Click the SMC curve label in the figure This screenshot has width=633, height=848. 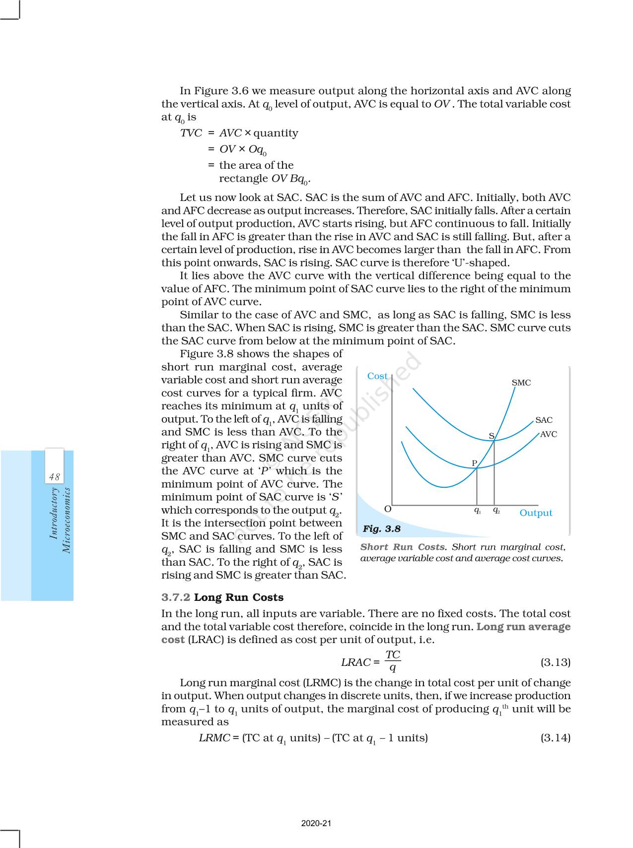(x=521, y=383)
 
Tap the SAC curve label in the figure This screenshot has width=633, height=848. (x=544, y=420)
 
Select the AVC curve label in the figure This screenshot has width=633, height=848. (x=549, y=434)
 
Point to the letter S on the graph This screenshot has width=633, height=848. (x=492, y=436)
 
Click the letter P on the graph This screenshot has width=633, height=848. (x=474, y=463)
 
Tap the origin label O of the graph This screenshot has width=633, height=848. (x=388, y=509)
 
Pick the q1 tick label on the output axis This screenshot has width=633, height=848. (x=477, y=510)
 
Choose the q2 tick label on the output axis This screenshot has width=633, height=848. (x=496, y=510)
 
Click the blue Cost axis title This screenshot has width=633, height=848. (x=377, y=376)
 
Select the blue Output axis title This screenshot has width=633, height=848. (x=536, y=513)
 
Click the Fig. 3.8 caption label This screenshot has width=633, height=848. (x=381, y=528)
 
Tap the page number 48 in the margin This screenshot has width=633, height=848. (x=54, y=477)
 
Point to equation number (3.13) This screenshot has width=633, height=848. (x=555, y=662)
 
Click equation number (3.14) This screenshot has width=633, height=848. (x=555, y=737)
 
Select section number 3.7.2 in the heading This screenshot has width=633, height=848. (x=176, y=597)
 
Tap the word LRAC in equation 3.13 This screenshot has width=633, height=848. (x=355, y=662)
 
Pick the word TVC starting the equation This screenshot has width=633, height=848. (x=191, y=133)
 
